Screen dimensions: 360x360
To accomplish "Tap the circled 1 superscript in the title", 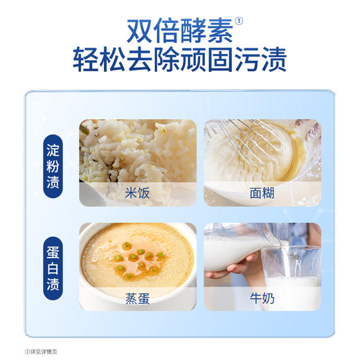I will (240, 20).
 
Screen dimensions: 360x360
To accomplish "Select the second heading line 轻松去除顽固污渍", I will (179, 61).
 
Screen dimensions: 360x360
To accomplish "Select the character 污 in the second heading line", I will (246, 61).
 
